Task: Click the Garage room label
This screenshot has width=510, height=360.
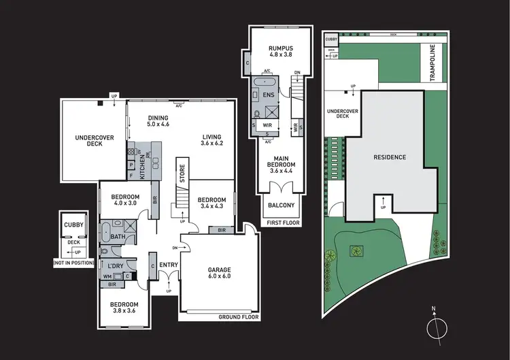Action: [x=219, y=273]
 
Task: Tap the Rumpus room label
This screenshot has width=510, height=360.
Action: [x=276, y=52]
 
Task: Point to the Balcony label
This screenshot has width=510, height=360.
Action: [x=281, y=205]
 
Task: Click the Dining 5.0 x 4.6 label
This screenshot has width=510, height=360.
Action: [x=158, y=121]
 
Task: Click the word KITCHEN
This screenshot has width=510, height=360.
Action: [x=143, y=165]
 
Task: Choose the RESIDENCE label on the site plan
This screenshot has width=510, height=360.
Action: [x=390, y=157]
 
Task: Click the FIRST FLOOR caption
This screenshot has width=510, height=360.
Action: [x=280, y=222]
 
